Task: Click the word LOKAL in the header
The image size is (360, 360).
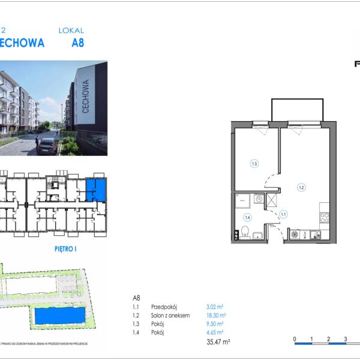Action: point(71,30)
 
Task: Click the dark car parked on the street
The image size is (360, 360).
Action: point(46,146)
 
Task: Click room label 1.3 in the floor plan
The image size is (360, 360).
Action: point(254,163)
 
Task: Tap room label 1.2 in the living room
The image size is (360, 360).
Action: point(301,187)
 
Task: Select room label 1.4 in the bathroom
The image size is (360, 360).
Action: point(247,217)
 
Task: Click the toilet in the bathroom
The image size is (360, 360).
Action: point(245,232)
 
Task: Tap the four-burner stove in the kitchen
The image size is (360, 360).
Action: point(324,218)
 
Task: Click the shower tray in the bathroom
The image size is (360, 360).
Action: point(244,200)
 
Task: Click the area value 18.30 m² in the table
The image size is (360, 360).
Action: point(215,315)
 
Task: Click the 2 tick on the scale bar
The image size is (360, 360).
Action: point(329,340)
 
